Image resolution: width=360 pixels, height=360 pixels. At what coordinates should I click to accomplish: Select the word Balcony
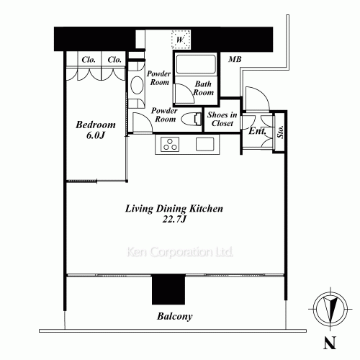tap(176, 316)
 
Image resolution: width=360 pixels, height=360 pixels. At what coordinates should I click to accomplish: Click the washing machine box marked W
tap(179, 40)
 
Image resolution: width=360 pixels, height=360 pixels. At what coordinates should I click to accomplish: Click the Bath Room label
tap(204, 89)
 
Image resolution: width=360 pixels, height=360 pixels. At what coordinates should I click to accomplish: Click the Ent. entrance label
tap(255, 131)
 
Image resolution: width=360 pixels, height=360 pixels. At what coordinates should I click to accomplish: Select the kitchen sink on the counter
tap(204, 145)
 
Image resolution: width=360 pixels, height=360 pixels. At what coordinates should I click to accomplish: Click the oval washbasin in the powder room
tap(137, 84)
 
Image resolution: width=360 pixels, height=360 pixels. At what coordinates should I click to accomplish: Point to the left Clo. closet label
tap(89, 60)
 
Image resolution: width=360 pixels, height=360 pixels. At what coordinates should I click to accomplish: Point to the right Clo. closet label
tap(113, 60)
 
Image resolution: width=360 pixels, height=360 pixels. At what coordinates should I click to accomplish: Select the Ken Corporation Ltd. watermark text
tap(179, 253)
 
